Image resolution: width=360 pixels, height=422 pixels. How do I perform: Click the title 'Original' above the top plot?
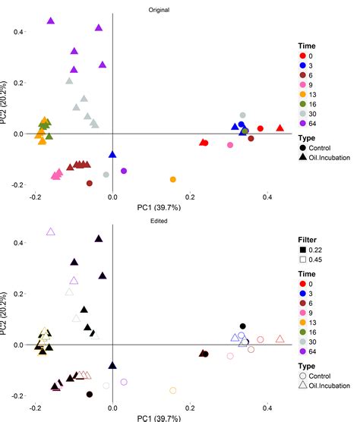coord(159,9)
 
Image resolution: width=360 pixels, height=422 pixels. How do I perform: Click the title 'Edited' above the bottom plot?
coord(159,220)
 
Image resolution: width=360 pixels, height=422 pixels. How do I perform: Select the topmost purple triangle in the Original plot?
coord(51,21)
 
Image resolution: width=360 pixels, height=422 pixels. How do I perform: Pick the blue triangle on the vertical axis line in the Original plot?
coord(112,154)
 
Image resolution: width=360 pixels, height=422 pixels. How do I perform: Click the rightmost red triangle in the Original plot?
coord(280,128)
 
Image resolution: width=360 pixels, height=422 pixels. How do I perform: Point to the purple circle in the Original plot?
coord(124,171)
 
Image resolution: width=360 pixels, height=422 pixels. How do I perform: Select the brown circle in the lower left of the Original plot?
coord(90,183)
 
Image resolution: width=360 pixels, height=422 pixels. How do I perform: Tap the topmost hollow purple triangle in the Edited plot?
coord(51,231)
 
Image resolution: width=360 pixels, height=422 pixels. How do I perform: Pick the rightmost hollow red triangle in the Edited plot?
coord(280,339)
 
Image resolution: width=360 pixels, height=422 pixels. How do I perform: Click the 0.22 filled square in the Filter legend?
coord(302,250)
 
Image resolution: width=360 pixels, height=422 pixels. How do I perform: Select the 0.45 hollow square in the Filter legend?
coord(302,261)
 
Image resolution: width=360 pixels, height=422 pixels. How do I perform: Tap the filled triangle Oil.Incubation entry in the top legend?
coord(302,157)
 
